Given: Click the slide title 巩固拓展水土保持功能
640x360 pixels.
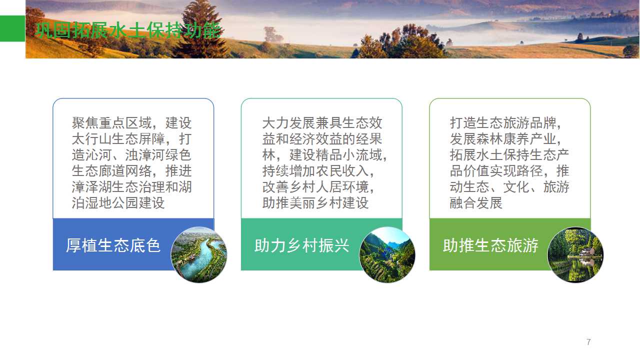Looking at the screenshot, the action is coord(128,30).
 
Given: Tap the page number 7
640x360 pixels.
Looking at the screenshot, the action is coord(588,342).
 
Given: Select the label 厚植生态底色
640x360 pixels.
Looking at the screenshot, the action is coord(113,245).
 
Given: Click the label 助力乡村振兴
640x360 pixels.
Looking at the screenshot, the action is coord(301,245).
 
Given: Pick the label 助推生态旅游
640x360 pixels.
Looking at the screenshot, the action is coord(490,245).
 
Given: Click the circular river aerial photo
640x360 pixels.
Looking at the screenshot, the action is coord(199,254).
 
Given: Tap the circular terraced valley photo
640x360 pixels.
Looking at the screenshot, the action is coord(387,254).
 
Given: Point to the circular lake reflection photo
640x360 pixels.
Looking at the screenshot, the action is coord(575,254).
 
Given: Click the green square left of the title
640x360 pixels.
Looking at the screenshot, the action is coord(12,28).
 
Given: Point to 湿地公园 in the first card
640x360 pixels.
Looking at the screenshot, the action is coord(111,203).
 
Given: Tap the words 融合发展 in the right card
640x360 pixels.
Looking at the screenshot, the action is coord(476,203).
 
